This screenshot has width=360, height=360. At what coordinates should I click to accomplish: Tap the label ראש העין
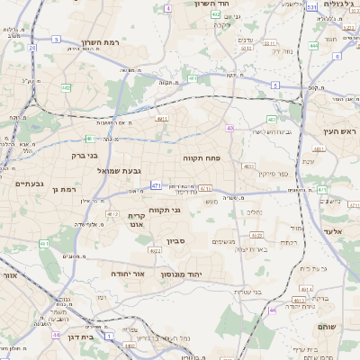pos(336,131)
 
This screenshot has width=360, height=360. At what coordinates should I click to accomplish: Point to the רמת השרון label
pos(100,42)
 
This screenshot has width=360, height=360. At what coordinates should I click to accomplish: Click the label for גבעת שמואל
pos(115,171)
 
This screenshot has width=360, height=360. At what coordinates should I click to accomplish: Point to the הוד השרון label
pos(213,4)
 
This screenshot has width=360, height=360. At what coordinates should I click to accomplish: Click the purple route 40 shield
pos(230,129)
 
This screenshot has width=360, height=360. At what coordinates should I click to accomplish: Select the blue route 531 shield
pos(311,7)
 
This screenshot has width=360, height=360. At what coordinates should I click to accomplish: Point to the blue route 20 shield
pos(32,48)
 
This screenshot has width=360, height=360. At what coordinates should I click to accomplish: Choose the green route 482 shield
pos(67,87)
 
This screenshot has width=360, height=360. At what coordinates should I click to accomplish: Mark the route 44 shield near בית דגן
pos(56,335)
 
